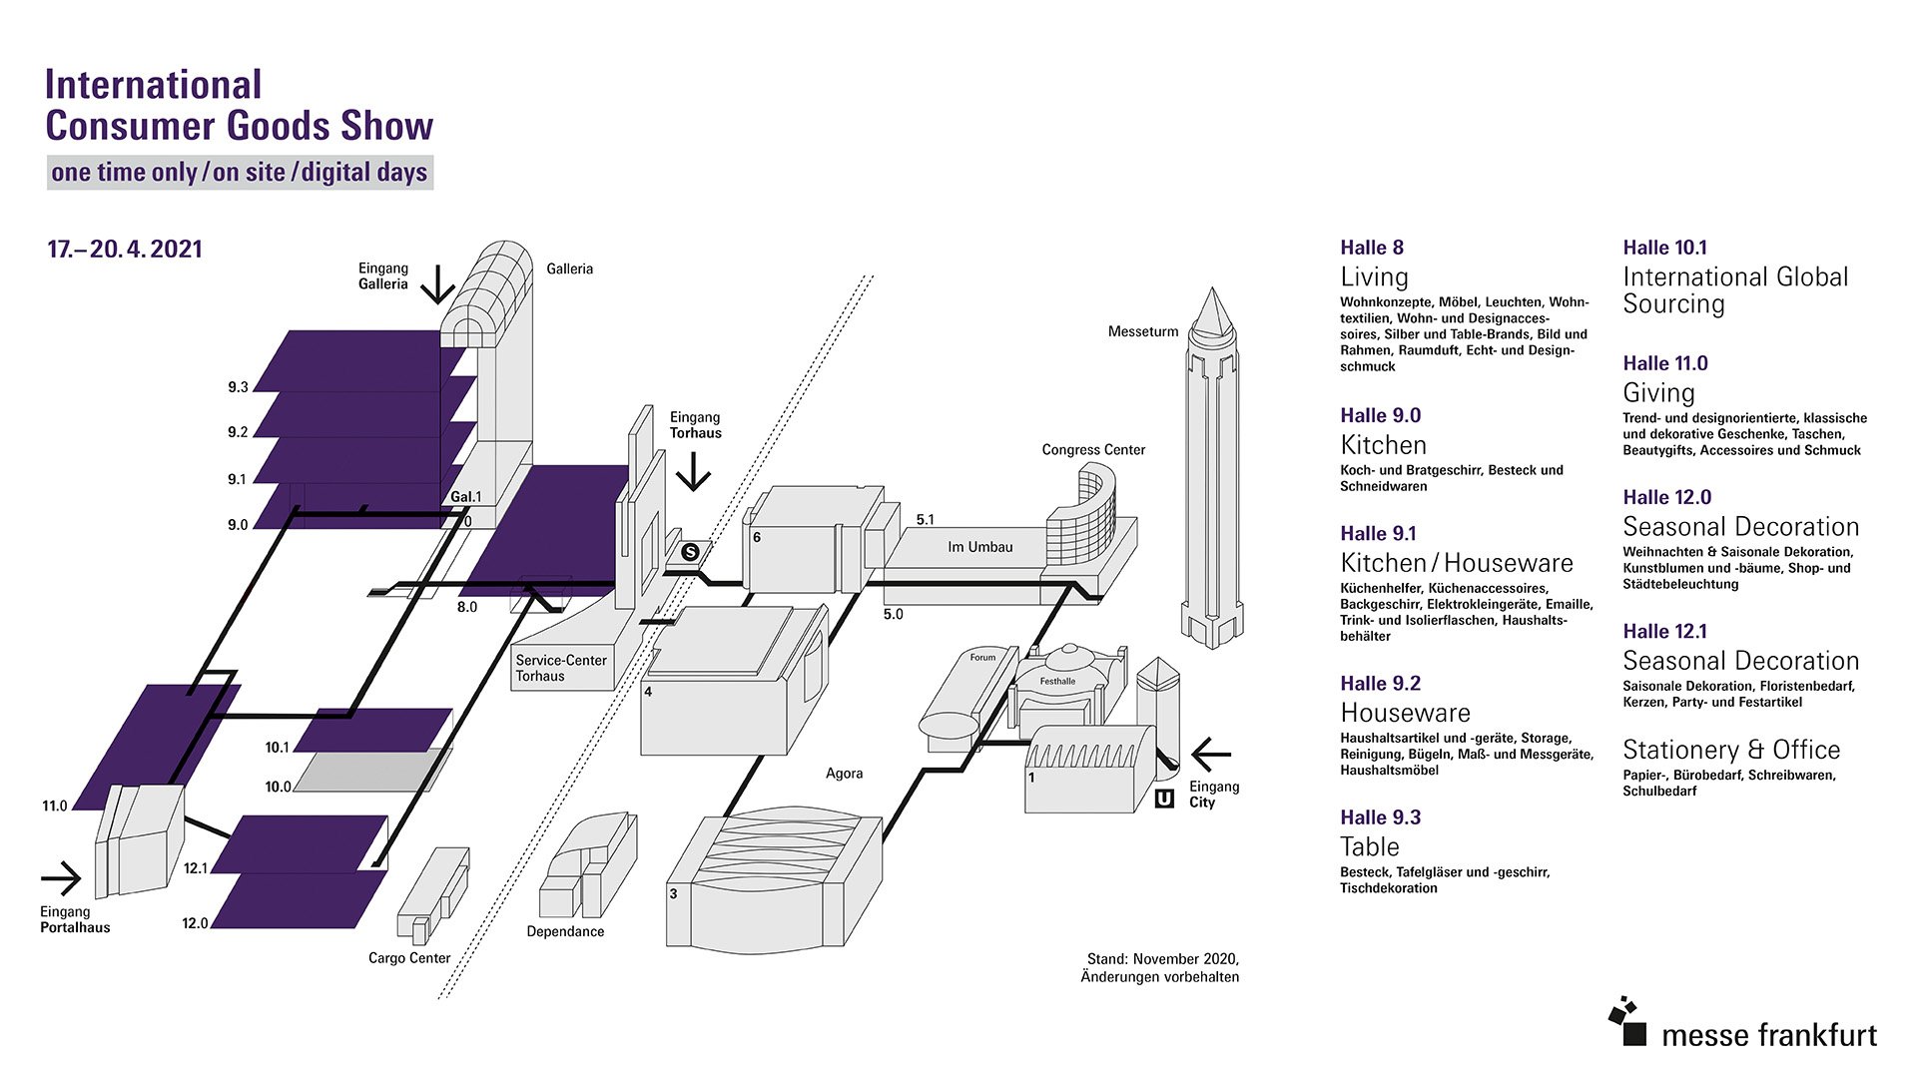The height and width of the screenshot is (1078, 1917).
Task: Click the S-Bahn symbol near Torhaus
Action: coord(690,552)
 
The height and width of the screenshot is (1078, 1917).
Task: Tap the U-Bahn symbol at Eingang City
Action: coord(1164,799)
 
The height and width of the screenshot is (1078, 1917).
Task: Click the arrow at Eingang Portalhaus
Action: coord(61,878)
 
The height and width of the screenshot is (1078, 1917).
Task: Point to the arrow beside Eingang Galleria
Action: coord(437,284)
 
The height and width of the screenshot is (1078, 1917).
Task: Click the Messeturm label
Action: coord(1142,331)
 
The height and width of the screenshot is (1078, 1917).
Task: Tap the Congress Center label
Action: coord(1093,450)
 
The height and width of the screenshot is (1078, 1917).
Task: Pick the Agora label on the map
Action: coord(844,774)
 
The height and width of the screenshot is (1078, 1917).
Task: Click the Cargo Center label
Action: coord(409,958)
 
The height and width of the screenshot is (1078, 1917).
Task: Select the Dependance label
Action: coord(565,931)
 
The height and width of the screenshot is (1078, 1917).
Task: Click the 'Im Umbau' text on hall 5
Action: coord(979,547)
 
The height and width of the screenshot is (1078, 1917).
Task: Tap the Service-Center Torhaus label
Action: coord(561,668)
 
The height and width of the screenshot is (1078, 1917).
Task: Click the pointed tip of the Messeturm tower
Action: coord(1212,292)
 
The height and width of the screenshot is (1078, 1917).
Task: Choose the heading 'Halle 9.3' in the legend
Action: coord(1380,817)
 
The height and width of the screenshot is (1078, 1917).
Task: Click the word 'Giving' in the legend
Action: coord(1658,392)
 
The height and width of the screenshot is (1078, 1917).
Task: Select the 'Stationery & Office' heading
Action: coord(1730,750)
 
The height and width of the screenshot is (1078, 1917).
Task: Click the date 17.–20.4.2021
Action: coord(125,250)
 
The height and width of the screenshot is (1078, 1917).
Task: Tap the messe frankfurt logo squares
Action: coord(1627,1021)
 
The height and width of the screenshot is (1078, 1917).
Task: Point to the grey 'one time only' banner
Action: coord(240,173)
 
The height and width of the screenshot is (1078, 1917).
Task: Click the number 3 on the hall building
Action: coord(673,893)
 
